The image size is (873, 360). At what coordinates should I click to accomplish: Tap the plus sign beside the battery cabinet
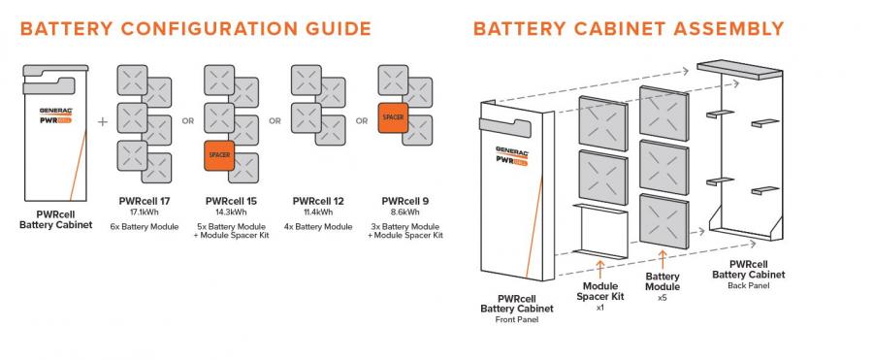coord(103,123)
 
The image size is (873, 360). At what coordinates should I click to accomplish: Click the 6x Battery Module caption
coord(144,225)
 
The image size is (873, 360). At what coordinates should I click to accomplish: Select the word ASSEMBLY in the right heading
coord(723,28)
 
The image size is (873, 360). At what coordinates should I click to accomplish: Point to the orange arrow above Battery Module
coord(663,258)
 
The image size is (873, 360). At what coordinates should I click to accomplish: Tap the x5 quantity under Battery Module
coord(663,298)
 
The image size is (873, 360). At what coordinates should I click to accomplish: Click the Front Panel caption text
coord(516,319)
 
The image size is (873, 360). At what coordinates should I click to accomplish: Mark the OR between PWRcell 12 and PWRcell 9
coord(362,121)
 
